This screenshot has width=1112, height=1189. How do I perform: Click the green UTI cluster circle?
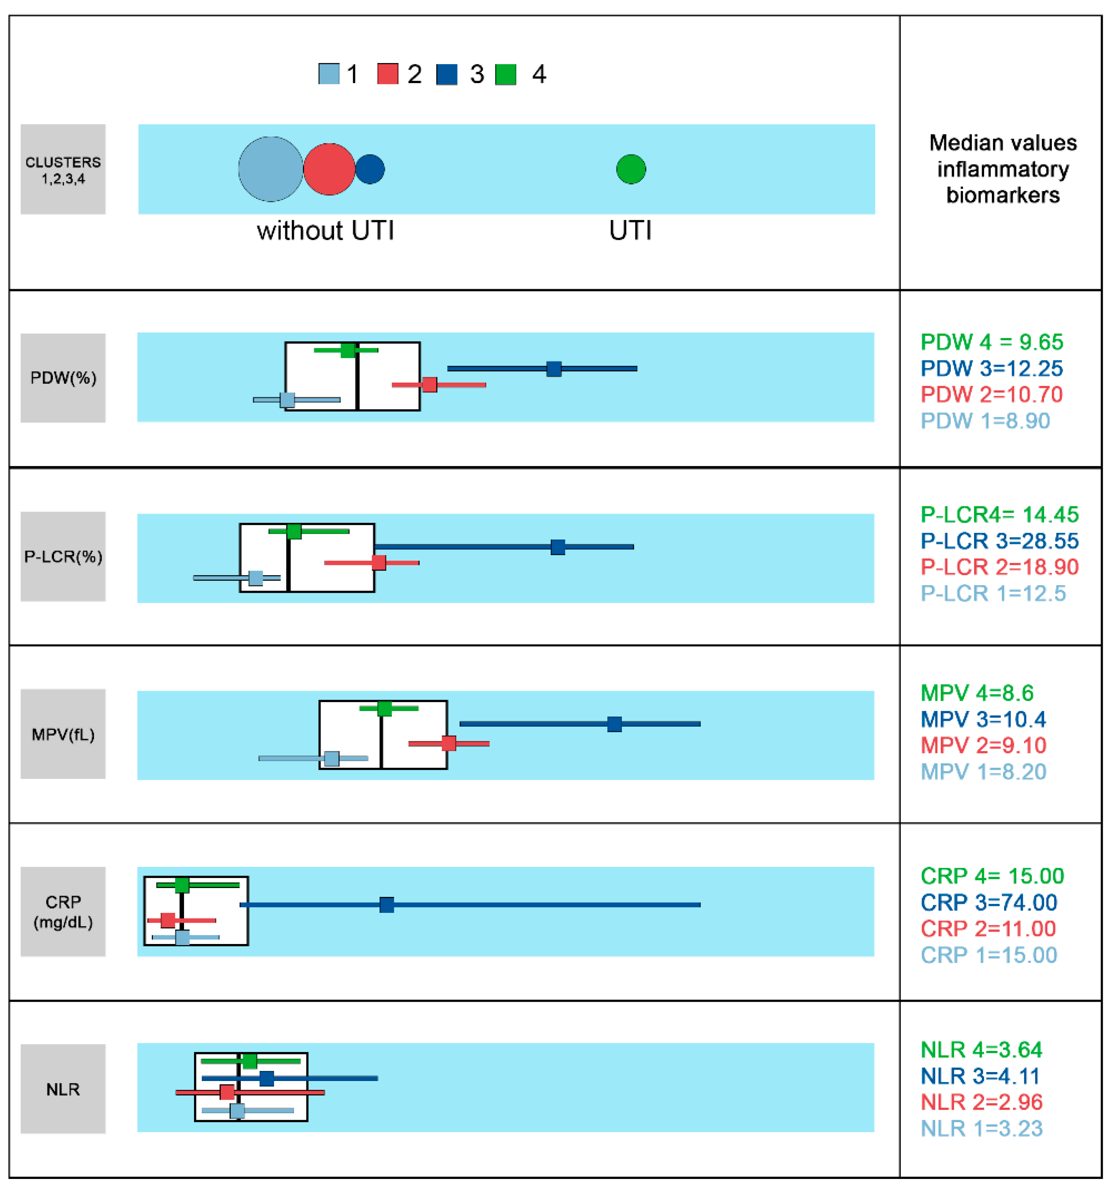coord(631,169)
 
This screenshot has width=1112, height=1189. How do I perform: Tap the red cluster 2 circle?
coord(329,169)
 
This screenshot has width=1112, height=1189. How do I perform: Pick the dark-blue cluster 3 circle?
coord(370,169)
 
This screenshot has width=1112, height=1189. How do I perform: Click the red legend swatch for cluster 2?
coord(387,74)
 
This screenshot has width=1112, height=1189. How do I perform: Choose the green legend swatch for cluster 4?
coord(506,74)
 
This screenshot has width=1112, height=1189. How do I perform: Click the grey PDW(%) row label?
coord(63,378)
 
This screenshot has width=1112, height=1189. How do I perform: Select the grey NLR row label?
coord(63,1089)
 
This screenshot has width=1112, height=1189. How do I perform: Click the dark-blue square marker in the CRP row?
coord(387,905)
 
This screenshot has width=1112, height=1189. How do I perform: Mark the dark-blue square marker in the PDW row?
coord(554,369)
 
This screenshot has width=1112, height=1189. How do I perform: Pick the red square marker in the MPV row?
coord(449,743)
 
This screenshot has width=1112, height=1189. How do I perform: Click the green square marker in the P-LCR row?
coord(294,531)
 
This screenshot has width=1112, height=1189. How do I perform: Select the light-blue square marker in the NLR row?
coord(237,1111)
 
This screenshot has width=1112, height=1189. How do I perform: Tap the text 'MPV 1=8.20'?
coord(983,772)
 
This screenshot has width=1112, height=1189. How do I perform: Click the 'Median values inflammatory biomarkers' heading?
coord(1003,169)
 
